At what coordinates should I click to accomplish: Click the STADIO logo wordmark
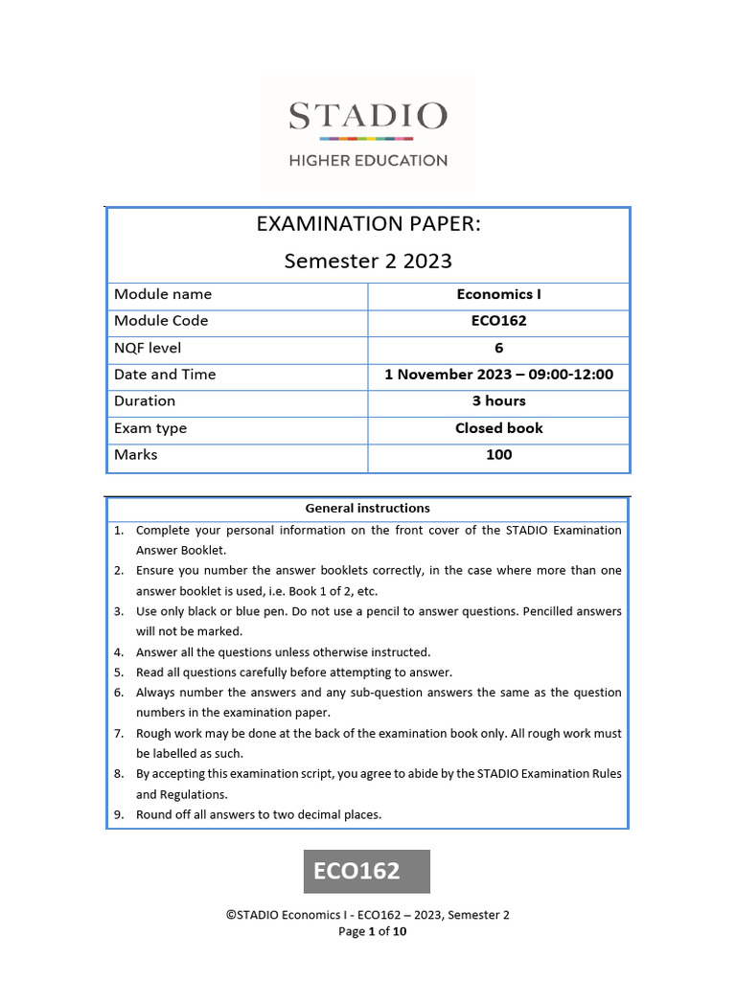tap(368, 117)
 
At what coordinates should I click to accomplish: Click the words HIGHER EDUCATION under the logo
tap(368, 161)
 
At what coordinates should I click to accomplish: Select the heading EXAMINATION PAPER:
tap(368, 224)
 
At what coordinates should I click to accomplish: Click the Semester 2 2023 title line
tap(368, 261)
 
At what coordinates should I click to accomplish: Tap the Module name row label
tap(163, 294)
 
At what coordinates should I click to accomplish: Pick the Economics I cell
tap(498, 294)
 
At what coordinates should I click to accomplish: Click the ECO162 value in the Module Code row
tap(498, 321)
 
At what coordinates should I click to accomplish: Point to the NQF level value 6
tap(498, 348)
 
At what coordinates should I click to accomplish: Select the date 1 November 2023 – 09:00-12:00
tap(498, 375)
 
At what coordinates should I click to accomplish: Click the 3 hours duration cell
tap(498, 401)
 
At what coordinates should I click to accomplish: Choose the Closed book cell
tap(498, 428)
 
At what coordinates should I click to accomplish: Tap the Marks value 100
tap(498, 455)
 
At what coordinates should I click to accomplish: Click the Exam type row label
tap(150, 428)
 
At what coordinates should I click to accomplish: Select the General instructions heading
tap(368, 509)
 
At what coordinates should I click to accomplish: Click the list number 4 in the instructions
tap(119, 652)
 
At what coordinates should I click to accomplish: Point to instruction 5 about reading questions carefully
tap(293, 673)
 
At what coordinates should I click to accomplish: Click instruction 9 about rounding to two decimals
tap(259, 814)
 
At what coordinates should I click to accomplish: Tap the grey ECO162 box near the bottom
tap(368, 871)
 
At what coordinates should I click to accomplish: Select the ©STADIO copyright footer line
tap(368, 915)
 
